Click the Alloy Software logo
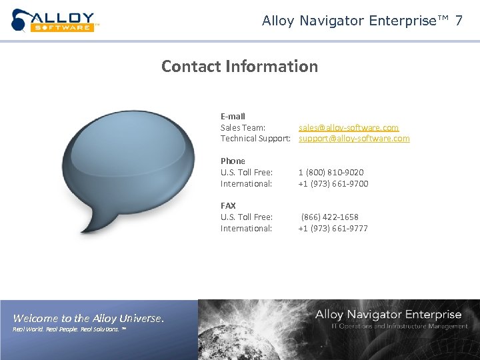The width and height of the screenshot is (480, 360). (54, 20)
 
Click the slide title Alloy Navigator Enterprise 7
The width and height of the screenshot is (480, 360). (362, 21)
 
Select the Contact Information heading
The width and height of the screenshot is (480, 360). (239, 67)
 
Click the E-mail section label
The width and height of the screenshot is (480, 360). (233, 116)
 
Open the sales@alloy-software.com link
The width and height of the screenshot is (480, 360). (349, 127)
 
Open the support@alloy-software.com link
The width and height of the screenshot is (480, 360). (354, 139)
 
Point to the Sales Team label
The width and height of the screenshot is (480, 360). (243, 127)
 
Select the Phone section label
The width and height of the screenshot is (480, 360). (233, 161)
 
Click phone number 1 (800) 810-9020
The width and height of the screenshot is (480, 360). (331, 172)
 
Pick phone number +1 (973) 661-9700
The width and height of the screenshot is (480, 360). (333, 183)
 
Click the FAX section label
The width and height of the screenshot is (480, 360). (228, 205)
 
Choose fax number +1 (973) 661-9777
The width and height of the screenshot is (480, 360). (333, 228)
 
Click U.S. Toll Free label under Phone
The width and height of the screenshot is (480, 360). (246, 172)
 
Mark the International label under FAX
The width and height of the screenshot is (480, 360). (246, 228)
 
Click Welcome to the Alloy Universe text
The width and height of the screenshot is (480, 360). (88, 318)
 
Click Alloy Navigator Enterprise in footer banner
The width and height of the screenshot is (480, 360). (388, 314)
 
